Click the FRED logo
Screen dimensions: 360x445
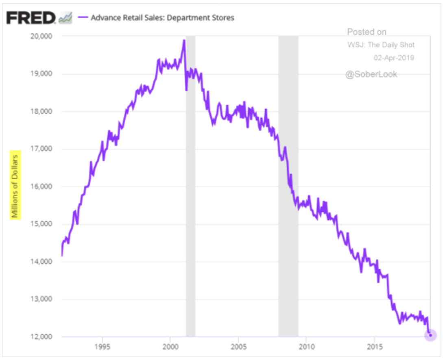[31, 18]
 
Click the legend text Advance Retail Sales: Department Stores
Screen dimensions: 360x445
[162, 18]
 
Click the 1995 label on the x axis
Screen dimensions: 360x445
[102, 348]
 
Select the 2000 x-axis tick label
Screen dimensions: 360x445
[170, 348]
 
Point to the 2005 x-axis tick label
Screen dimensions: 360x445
[238, 348]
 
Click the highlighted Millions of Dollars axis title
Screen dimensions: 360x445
[15, 185]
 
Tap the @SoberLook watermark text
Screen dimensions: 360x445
[371, 74]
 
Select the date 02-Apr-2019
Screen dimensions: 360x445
[394, 58]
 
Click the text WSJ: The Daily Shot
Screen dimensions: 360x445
[381, 45]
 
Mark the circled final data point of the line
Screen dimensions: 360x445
[430, 335]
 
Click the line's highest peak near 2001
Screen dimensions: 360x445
[184, 40]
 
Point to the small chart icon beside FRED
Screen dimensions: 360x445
[65, 18]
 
